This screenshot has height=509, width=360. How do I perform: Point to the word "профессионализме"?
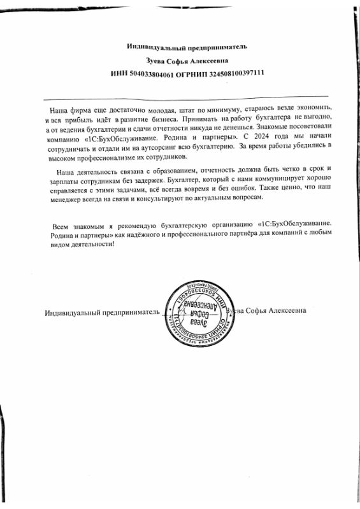click(111, 157)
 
